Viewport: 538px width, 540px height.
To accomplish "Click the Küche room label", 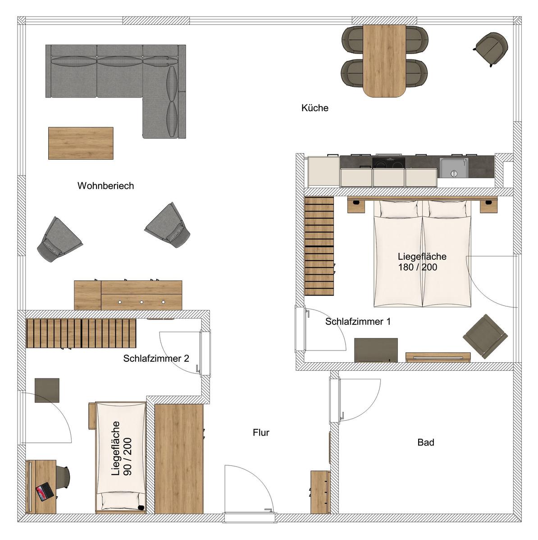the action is click(x=315, y=108).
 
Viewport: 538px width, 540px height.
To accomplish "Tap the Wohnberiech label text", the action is click(x=105, y=186).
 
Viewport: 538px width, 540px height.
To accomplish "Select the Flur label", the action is click(x=261, y=432).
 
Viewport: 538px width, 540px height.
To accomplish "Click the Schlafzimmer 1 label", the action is click(x=358, y=321).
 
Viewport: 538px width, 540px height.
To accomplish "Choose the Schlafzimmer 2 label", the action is click(x=156, y=358).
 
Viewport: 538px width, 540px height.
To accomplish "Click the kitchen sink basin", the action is click(x=454, y=168).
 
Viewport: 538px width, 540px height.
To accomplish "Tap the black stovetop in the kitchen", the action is click(x=389, y=162).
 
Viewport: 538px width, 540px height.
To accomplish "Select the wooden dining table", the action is click(x=384, y=61).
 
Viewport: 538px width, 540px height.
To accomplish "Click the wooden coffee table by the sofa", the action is click(x=81, y=143).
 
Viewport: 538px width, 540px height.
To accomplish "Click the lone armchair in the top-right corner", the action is click(x=492, y=49).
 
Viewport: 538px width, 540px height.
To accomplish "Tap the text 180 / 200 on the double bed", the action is click(x=418, y=267).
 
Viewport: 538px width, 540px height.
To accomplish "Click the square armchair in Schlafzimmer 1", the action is click(x=485, y=336).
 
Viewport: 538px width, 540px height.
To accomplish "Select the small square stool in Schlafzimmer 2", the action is click(x=47, y=390).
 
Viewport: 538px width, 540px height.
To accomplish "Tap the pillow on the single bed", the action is click(x=121, y=500).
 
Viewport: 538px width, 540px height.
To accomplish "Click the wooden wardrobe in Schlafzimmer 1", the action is click(x=319, y=246).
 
